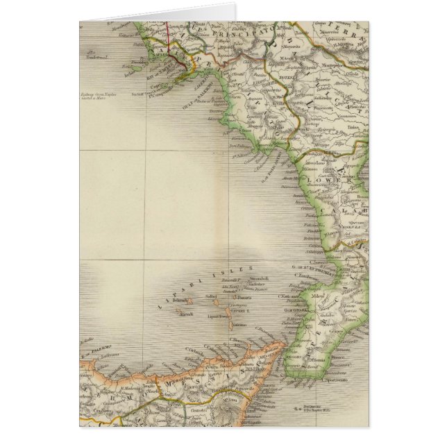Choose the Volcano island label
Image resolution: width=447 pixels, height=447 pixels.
coord(240,323)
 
